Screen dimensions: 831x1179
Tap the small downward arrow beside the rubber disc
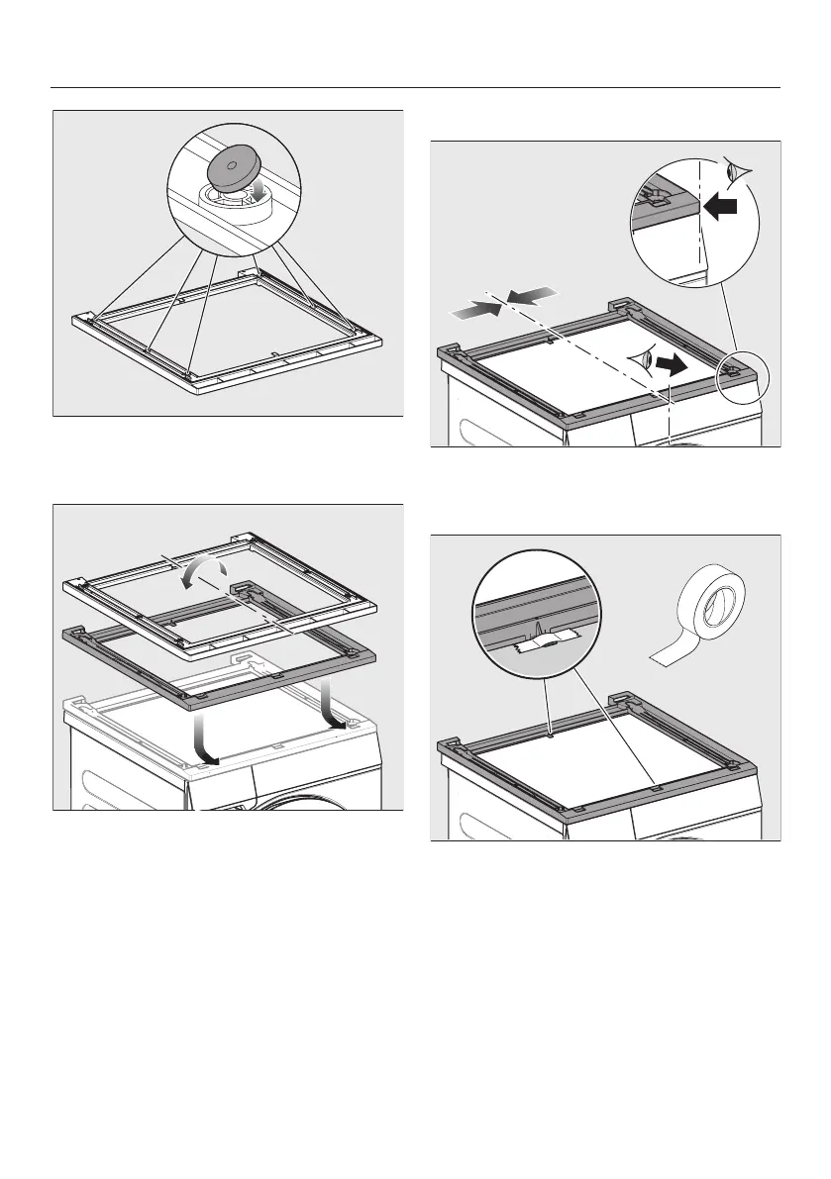(x=260, y=191)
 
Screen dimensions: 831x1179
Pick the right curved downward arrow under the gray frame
(x=333, y=709)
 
